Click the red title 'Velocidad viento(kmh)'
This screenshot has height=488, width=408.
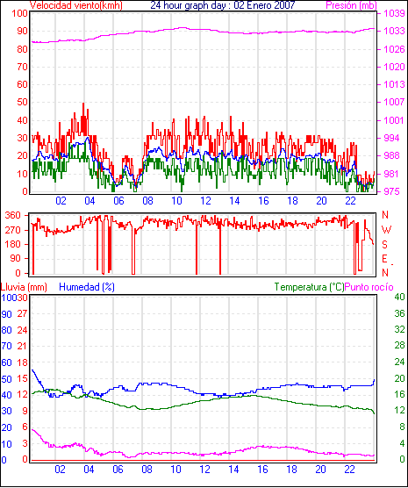tap(76, 5)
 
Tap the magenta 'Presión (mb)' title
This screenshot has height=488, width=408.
tap(351, 5)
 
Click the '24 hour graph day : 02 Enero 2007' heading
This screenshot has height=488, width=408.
tap(223, 5)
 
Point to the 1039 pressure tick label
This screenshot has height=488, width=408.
tap(394, 13)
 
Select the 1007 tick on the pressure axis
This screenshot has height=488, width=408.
tap(394, 102)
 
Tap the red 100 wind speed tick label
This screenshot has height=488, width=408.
tap(19, 13)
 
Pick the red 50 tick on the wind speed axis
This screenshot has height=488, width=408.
tap(23, 102)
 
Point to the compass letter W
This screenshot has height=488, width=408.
tap(386, 230)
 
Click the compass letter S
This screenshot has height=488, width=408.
tap(385, 245)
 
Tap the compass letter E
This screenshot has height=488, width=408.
tap(385, 259)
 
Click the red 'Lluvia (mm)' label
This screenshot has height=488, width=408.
tap(24, 287)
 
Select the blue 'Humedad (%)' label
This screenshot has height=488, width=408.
tap(87, 287)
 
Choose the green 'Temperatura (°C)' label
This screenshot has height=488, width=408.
tap(310, 287)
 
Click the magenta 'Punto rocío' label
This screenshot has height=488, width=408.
tap(369, 287)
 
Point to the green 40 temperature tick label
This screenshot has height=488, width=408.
tap(399, 297)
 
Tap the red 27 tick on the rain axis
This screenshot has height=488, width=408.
tap(22, 313)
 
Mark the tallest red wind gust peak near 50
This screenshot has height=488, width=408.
tap(83, 104)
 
